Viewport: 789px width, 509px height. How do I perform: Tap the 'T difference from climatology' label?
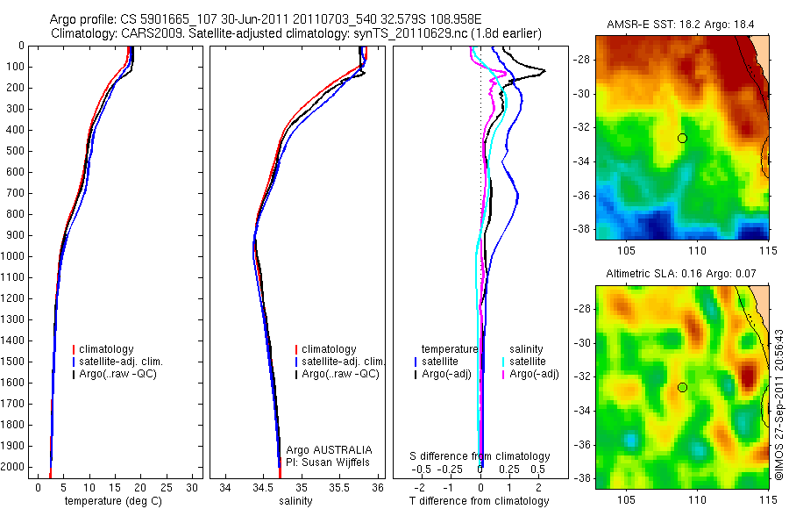(479, 501)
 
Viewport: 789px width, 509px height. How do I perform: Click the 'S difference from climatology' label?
(480, 456)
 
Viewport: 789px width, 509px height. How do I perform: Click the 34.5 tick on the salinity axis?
(263, 486)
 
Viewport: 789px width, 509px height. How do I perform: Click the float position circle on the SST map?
(682, 138)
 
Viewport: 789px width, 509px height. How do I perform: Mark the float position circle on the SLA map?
(682, 387)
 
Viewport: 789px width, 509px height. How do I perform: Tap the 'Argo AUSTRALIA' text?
(323, 449)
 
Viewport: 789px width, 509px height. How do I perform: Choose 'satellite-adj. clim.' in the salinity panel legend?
(343, 362)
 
